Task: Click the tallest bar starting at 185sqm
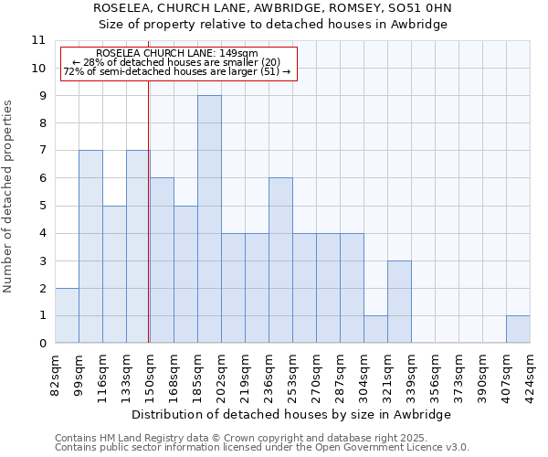click(x=209, y=219)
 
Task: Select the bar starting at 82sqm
click(x=67, y=315)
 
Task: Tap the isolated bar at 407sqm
click(x=518, y=329)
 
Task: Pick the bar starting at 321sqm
click(x=399, y=302)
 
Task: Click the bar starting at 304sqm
click(x=375, y=329)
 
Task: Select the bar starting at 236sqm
click(x=280, y=260)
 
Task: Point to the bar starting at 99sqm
click(x=90, y=247)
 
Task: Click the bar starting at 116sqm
click(x=114, y=274)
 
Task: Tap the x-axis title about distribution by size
click(x=291, y=414)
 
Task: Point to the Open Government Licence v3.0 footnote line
click(x=262, y=448)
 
